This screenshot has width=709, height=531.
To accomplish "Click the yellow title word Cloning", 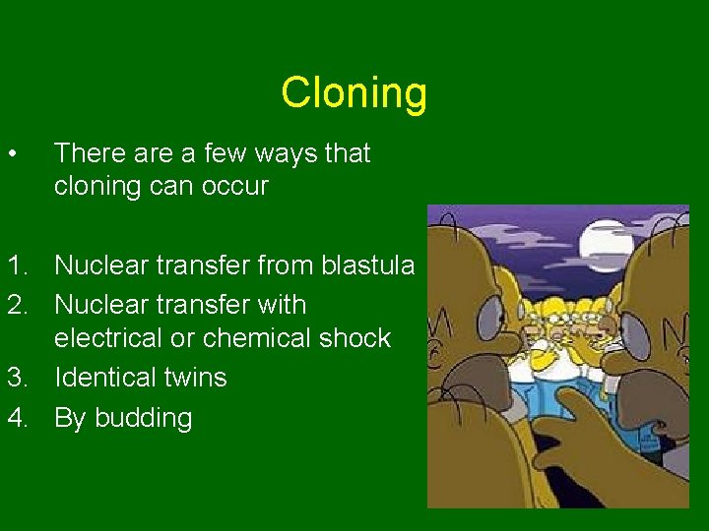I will pos(354,93).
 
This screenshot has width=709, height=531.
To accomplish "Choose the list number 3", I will pos(17,378).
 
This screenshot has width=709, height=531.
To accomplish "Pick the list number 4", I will pos(17,418).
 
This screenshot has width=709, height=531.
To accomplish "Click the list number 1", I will pos(17,265).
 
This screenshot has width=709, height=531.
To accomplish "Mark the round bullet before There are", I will pos(11,153).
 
